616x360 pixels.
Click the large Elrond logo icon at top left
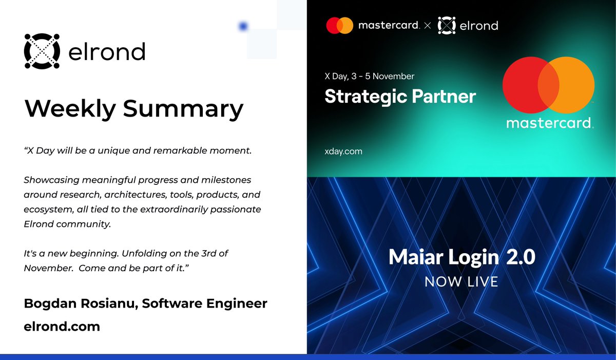pyautogui.click(x=42, y=51)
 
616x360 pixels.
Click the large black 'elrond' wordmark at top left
pyautogui.click(x=106, y=51)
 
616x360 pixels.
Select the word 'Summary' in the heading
pyautogui.click(x=190, y=108)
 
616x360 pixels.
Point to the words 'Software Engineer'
pyautogui.click(x=205, y=304)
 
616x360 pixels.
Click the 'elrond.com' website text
pyautogui.click(x=62, y=327)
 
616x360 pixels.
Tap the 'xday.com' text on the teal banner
pyautogui.click(x=343, y=151)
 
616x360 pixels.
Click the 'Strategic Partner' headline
pyautogui.click(x=400, y=96)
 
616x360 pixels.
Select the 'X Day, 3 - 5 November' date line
pyautogui.click(x=370, y=77)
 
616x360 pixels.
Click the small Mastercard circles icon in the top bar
pyautogui.click(x=340, y=25)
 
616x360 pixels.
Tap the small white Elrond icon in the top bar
pyautogui.click(x=447, y=25)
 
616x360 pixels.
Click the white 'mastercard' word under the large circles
pyautogui.click(x=548, y=123)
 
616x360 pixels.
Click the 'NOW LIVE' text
pyautogui.click(x=461, y=281)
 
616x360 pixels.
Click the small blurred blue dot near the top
pyautogui.click(x=244, y=26)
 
